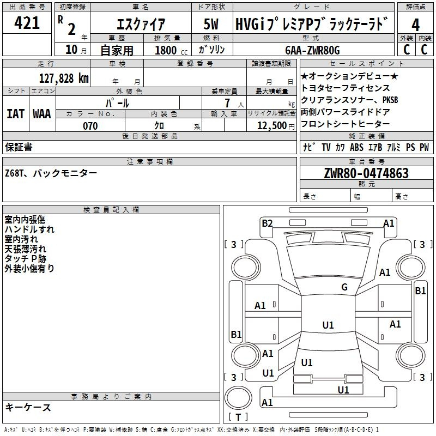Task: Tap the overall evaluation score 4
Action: click(x=415, y=25)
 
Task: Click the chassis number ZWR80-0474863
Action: click(x=366, y=173)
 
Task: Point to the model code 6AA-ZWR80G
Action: click(x=312, y=50)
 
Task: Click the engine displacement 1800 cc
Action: click(x=166, y=50)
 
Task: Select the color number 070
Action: click(x=90, y=126)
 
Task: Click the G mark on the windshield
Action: click(x=344, y=287)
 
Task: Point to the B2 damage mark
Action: click(x=267, y=223)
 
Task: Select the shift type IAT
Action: click(x=15, y=114)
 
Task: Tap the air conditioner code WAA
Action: click(x=41, y=114)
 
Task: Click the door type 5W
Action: click(x=211, y=25)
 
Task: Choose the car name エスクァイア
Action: click(x=141, y=25)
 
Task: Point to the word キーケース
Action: click(x=28, y=408)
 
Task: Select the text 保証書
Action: click(x=19, y=147)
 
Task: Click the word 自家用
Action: click(x=117, y=50)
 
